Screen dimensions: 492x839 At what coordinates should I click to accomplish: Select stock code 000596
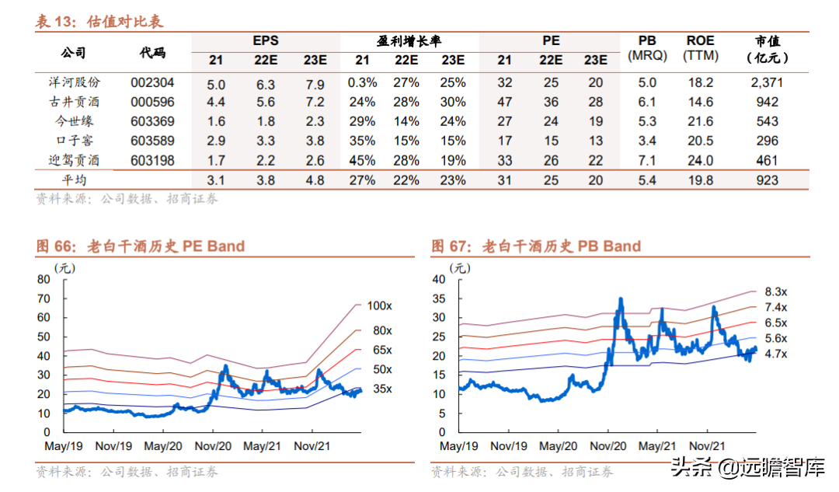(152, 102)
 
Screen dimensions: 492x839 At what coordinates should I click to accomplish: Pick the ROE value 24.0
(701, 161)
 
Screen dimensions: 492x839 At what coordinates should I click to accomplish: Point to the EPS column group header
(265, 41)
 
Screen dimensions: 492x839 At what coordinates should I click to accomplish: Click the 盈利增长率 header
(409, 41)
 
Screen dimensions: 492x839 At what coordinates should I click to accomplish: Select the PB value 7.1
(647, 161)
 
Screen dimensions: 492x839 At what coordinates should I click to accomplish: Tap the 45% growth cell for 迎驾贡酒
(362, 161)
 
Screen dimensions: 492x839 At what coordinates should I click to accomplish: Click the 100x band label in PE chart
(380, 305)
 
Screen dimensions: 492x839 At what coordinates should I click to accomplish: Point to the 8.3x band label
(776, 291)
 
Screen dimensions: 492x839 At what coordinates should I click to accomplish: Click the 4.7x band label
(776, 354)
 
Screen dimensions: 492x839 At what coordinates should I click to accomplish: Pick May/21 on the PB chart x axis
(657, 447)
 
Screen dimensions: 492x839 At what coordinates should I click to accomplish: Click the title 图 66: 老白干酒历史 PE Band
(141, 246)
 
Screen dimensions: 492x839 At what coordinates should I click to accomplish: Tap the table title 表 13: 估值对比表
(99, 22)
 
